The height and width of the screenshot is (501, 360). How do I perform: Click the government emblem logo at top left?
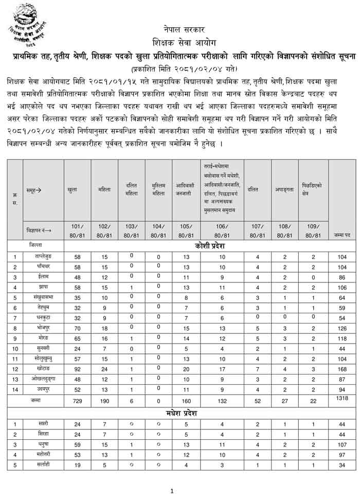(x=29, y=27)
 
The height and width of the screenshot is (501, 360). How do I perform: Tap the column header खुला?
(x=72, y=190)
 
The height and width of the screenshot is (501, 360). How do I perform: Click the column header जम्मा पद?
(x=342, y=235)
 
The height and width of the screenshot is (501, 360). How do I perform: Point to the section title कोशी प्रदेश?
(x=210, y=246)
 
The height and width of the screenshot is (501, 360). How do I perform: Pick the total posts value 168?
(x=342, y=368)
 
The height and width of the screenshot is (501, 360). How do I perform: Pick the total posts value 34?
(x=342, y=464)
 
